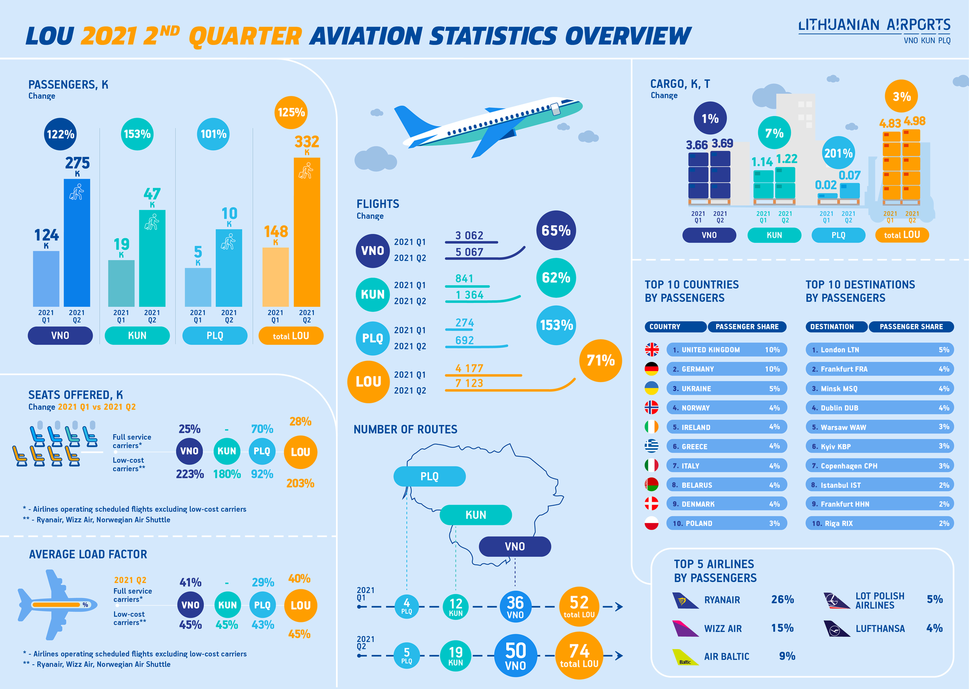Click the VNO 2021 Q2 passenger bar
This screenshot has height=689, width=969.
click(x=77, y=242)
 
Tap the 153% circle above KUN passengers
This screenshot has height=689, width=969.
click(x=137, y=134)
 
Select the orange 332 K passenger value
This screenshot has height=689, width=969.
click(x=307, y=142)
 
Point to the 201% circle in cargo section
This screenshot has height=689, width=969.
click(x=838, y=153)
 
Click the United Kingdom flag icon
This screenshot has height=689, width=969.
click(x=652, y=349)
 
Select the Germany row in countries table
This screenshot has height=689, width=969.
click(x=726, y=369)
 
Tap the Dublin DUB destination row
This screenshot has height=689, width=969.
click(x=879, y=408)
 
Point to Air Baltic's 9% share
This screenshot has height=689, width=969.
click(x=787, y=656)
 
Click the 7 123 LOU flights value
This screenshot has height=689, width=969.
click(x=469, y=383)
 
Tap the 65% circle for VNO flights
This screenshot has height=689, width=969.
click(x=556, y=231)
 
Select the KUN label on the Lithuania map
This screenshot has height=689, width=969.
click(x=475, y=515)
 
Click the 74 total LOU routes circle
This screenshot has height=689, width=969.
click(x=579, y=655)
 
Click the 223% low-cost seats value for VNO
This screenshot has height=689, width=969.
click(x=190, y=474)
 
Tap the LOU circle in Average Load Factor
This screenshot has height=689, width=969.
click(x=300, y=605)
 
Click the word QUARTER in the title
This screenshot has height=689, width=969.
click(x=245, y=36)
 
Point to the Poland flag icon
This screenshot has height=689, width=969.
click(x=652, y=523)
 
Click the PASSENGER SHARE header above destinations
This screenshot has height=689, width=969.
click(x=911, y=327)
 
